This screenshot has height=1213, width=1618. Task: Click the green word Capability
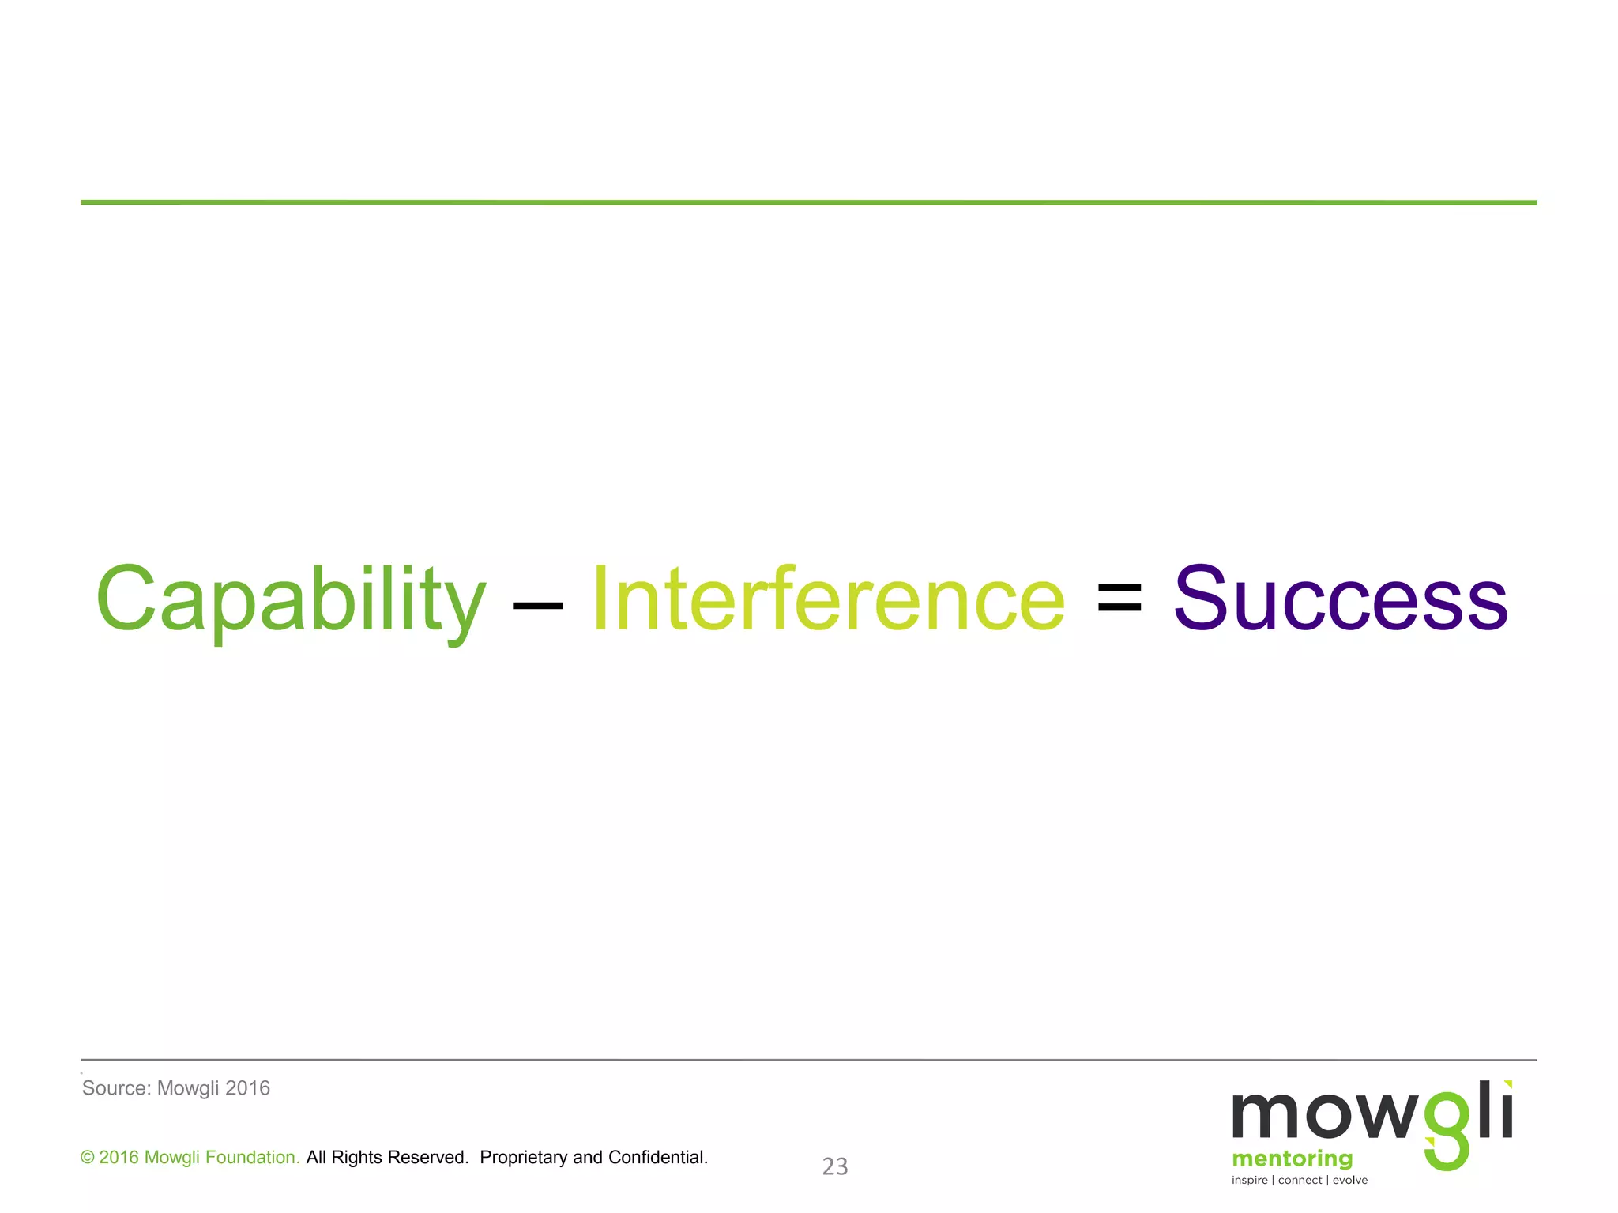point(290,600)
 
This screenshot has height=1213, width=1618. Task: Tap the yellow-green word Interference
point(828,600)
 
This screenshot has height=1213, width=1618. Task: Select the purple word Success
point(1341,600)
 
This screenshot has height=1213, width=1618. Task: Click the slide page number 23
point(835,1166)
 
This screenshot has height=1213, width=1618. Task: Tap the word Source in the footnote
point(115,1088)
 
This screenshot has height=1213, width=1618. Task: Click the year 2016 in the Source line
point(247,1088)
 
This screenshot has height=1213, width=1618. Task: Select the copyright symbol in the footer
point(88,1158)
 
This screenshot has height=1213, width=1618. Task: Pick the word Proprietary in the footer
point(523,1158)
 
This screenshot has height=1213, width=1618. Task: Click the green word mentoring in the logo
point(1292,1159)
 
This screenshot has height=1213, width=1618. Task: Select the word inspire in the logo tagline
point(1249,1181)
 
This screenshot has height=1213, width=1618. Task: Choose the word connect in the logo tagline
point(1300,1181)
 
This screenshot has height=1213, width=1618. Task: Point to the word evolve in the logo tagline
point(1350,1181)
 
